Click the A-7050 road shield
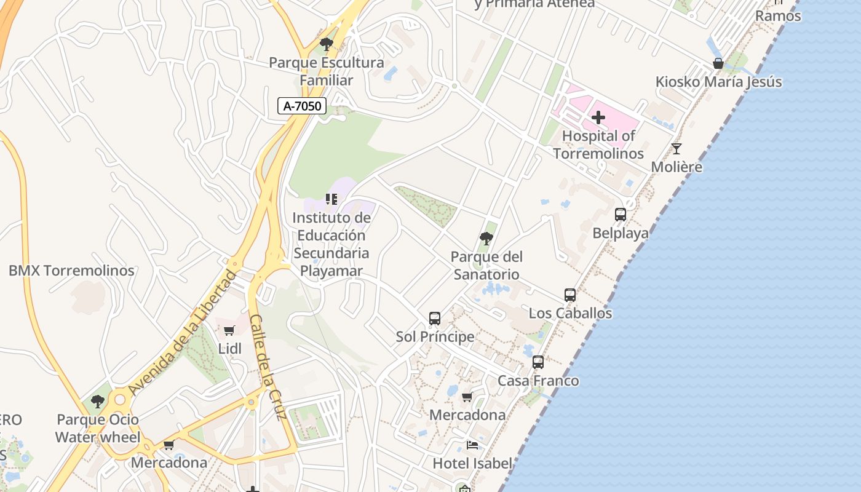coord(301,106)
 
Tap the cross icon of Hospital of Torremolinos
coord(598,117)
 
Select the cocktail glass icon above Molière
coord(676,149)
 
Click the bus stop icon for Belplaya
coord(621,215)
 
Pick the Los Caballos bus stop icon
coord(570,295)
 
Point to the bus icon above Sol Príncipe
coord(435,319)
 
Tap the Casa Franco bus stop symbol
coord(538,362)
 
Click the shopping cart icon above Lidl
coord(229,331)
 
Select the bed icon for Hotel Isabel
coord(472,445)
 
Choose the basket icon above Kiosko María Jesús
coord(718,63)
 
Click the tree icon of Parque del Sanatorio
coord(486,238)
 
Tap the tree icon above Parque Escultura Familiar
coord(327,44)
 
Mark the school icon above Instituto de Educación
coord(331,199)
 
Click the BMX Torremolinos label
coord(71,271)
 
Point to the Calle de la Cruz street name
coord(269,367)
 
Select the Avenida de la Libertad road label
coord(182,332)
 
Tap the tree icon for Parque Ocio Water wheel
coord(97,402)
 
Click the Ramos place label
coord(778,16)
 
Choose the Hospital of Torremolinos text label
coord(598,145)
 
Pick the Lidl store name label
coord(230,349)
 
